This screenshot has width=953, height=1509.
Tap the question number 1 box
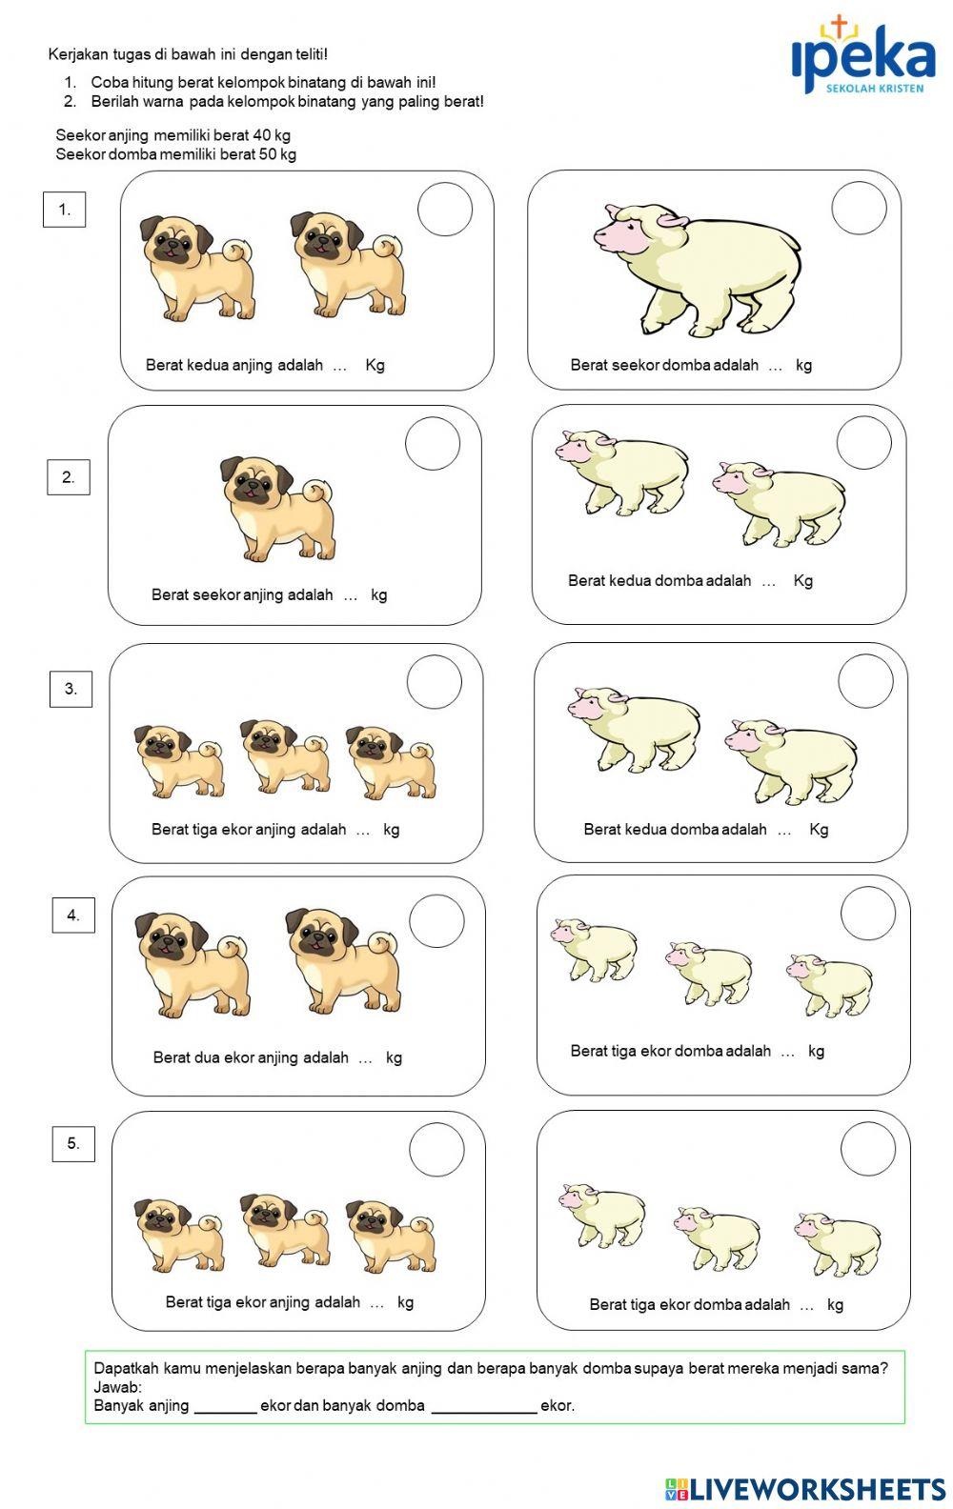(x=64, y=210)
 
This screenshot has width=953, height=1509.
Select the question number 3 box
(x=71, y=689)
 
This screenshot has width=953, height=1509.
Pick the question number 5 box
(x=73, y=1143)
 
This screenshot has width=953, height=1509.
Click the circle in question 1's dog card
(x=445, y=210)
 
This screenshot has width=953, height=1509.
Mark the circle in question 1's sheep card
(x=859, y=208)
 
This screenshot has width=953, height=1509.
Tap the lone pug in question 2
(x=277, y=508)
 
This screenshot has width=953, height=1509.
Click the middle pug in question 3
(x=284, y=757)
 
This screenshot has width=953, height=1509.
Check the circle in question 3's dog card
(x=435, y=682)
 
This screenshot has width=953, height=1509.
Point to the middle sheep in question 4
(x=709, y=972)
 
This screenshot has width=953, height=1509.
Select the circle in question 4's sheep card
(x=868, y=914)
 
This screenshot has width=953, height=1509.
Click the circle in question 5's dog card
(x=436, y=1150)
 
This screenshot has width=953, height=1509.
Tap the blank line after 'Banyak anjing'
(x=225, y=1407)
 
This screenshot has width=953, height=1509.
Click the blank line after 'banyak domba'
(x=483, y=1407)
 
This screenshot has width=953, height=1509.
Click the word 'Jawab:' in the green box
(x=117, y=1387)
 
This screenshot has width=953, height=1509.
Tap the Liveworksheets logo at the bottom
(x=804, y=1489)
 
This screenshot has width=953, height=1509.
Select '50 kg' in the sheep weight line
(x=276, y=154)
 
